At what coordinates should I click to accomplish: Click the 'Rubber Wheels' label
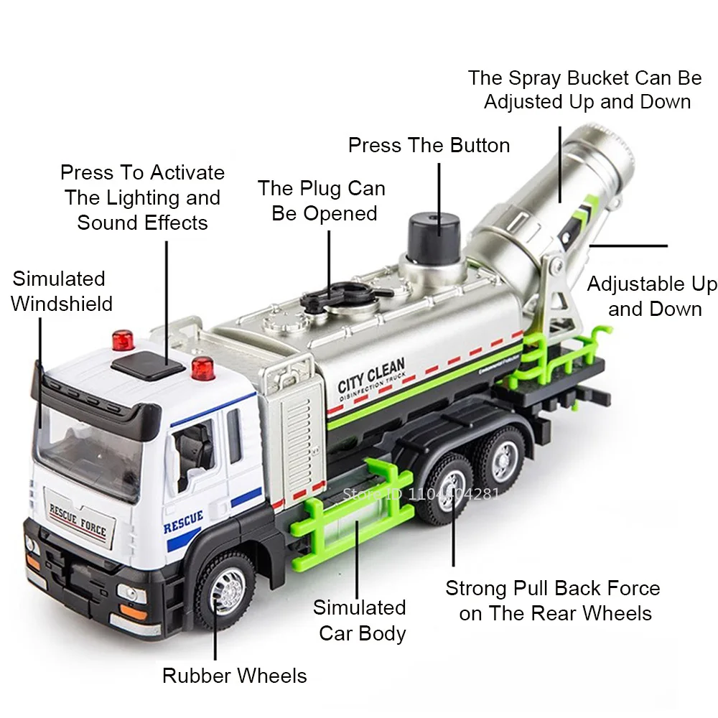pyautogui.click(x=234, y=676)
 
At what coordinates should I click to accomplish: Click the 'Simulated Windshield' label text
pyautogui.click(x=62, y=291)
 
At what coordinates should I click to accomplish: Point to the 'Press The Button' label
pyautogui.click(x=429, y=145)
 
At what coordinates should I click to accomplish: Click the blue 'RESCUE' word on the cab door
pyautogui.click(x=183, y=522)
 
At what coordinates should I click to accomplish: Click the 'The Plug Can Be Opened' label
pyautogui.click(x=322, y=201)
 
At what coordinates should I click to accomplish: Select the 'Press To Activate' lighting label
pyautogui.click(x=142, y=197)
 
